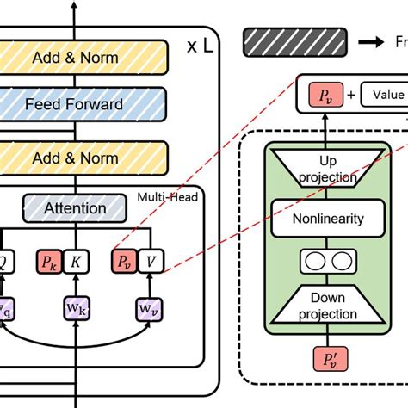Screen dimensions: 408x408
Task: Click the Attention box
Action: pos(75,207)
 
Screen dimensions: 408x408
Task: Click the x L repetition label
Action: pos(202,46)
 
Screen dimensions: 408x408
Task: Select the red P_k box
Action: pos(48,260)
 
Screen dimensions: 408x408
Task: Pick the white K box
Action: pos(76,260)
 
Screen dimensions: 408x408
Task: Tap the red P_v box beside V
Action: pos(124,260)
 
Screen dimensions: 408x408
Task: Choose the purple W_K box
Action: pos(76,306)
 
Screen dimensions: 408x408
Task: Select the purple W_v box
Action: pos(150,306)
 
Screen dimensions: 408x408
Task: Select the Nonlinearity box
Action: pos(328,218)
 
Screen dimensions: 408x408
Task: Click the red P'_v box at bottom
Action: pos(328,359)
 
